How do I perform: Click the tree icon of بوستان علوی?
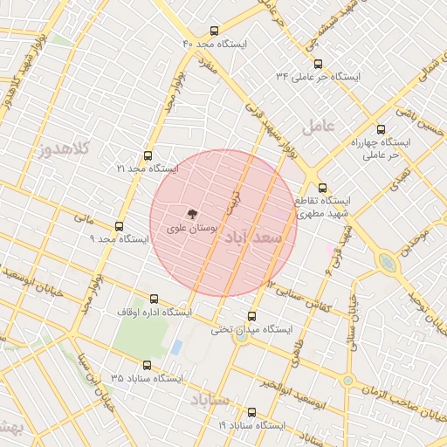192,213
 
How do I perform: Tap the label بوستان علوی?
193,229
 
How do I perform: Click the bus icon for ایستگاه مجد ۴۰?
215,31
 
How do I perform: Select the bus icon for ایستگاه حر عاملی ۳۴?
318,64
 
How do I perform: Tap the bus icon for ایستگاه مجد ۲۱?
148,155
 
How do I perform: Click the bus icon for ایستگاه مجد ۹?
119,226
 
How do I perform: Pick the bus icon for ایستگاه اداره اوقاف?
155,299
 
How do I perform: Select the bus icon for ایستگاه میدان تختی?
253,317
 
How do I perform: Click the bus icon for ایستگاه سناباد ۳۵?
146,366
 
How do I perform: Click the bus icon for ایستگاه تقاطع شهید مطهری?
322,188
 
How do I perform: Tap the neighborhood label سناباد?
209,400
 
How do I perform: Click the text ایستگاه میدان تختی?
251,331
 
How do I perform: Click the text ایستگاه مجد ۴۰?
215,44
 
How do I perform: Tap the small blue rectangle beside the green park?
176,347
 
